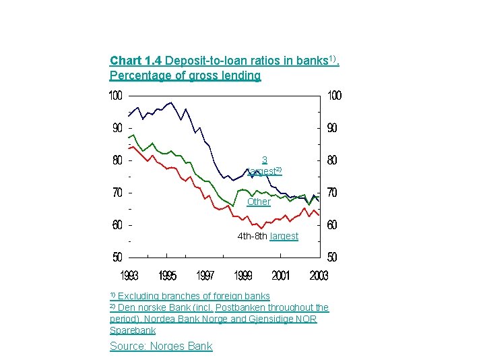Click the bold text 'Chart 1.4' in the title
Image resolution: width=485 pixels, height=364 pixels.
(134, 61)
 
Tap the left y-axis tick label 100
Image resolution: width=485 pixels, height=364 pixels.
(117, 96)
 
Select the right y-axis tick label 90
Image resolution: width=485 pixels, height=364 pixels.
(332, 128)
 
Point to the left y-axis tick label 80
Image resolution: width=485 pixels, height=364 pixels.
(117, 160)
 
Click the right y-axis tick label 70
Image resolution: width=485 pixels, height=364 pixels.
(332, 193)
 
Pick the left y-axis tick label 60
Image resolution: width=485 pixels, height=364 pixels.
(117, 225)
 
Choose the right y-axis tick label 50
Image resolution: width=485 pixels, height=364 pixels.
(332, 257)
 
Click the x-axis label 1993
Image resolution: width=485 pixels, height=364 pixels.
(129, 276)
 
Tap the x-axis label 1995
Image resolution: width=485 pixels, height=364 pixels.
(168, 276)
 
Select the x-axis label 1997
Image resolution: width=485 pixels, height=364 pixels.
(205, 276)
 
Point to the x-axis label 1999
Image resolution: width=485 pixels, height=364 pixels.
(243, 276)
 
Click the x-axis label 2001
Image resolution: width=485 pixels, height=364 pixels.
(281, 276)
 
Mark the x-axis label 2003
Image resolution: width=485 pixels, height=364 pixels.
(318, 276)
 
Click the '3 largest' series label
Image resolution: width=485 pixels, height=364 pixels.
(264, 166)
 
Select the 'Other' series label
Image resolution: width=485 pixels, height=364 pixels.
(259, 202)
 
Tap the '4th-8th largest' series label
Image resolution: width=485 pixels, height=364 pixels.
(267, 236)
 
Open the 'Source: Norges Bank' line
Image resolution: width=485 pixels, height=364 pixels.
(161, 346)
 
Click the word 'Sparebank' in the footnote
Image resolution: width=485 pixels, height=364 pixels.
(133, 330)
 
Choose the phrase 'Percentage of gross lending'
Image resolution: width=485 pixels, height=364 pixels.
(185, 75)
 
